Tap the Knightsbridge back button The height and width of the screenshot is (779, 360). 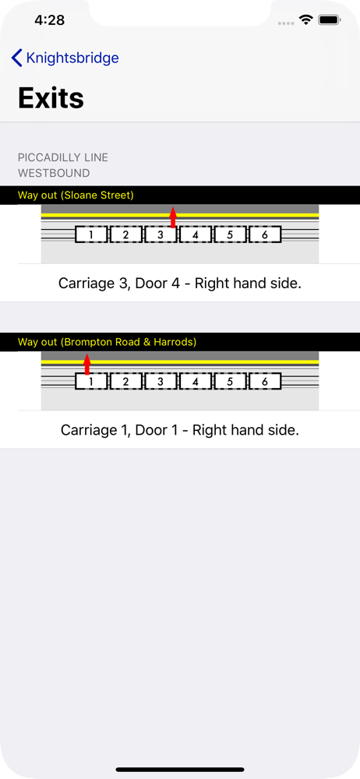tap(65, 58)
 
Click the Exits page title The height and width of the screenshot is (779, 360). tap(51, 98)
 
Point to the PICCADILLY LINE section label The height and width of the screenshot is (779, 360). tap(62, 157)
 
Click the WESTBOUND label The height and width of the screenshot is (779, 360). tap(54, 174)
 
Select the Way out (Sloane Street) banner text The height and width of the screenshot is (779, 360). tap(76, 196)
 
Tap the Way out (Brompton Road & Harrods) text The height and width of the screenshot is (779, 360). tap(107, 342)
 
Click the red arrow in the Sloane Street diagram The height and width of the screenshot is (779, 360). tap(173, 217)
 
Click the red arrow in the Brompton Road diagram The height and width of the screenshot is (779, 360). tap(87, 364)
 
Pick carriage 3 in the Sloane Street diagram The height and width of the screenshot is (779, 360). tap(161, 234)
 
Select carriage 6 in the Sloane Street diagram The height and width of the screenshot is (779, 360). tap(265, 234)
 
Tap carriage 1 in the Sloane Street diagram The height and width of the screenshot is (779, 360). tap(91, 234)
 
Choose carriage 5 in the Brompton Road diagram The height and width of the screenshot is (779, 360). tap(230, 381)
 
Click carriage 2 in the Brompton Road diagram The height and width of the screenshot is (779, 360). tap(125, 381)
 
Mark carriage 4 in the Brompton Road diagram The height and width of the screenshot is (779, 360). tap(196, 381)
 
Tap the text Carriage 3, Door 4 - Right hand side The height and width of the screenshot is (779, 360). tap(180, 284)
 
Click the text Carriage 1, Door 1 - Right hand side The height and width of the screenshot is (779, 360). tap(180, 430)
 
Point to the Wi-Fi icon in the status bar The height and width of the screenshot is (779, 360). tap(305, 20)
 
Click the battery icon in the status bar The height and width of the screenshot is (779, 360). tap(329, 20)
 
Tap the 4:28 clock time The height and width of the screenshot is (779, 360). tap(50, 20)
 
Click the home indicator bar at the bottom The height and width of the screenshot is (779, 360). tap(180, 770)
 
